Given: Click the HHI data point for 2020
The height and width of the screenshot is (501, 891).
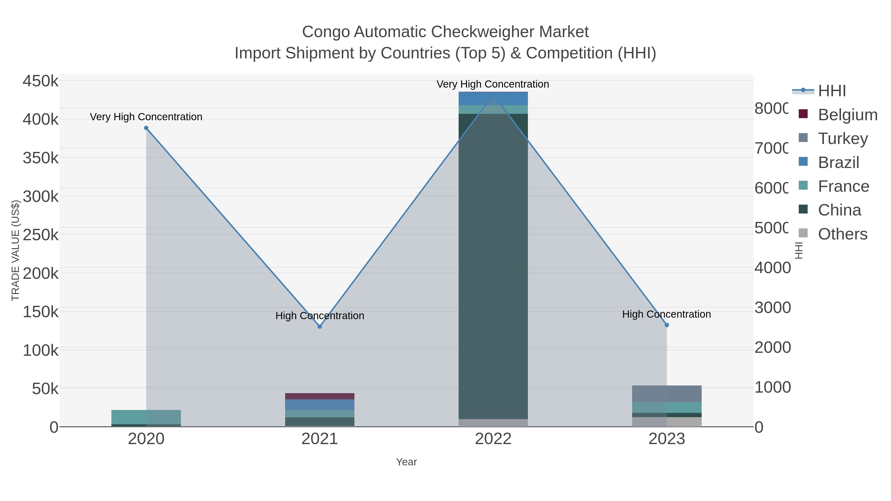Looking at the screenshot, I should point(146,128).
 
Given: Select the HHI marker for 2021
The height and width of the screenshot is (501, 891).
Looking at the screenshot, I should point(320,326).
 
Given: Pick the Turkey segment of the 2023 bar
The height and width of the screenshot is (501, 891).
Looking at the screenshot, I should point(667,393).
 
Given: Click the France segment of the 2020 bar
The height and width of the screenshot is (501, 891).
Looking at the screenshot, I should point(146,417).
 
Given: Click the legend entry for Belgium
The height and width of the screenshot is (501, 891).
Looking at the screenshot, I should point(847,115).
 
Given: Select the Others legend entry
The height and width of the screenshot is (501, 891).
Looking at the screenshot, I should point(842,234).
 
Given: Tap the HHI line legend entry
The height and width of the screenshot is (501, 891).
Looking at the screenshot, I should point(832,91).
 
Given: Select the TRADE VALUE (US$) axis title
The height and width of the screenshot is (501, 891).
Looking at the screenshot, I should point(16,250).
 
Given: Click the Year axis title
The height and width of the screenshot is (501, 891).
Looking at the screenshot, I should point(406,462).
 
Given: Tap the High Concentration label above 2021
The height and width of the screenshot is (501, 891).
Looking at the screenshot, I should point(320,316).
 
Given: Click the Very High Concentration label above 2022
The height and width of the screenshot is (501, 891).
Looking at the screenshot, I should point(493,84).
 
